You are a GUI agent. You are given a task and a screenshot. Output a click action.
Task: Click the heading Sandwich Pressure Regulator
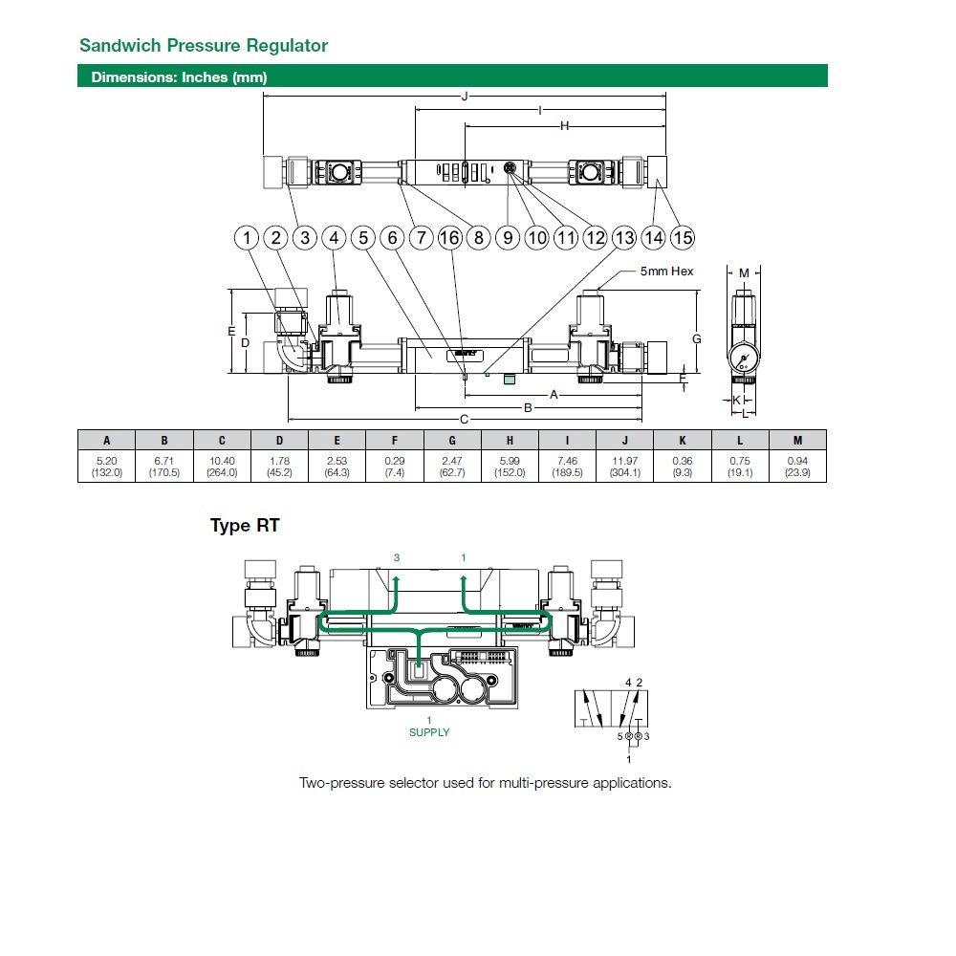203,45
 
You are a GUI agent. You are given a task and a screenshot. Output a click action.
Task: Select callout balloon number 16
449,238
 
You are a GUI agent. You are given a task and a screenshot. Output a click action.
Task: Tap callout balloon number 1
248,238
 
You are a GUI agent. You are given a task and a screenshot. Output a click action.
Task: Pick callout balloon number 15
682,238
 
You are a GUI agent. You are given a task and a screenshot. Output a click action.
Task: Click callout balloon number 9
508,238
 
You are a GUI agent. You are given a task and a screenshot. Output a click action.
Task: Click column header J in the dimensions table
624,441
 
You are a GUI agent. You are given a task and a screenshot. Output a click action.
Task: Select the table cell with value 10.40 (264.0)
222,467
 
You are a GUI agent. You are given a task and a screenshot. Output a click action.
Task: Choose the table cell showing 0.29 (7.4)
394,467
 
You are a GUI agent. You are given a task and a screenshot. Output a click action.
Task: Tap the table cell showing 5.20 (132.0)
106,467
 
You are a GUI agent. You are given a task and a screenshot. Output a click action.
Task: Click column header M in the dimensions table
797,441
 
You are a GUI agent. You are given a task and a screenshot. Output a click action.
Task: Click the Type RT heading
245,526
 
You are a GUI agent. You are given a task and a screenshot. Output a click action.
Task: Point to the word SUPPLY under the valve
429,732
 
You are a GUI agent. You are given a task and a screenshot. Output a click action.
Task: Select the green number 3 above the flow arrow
395,556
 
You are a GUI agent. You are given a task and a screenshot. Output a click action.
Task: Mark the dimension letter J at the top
465,97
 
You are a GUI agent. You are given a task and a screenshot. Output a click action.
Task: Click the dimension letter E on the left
230,331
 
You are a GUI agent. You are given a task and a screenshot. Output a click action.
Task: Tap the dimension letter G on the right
697,338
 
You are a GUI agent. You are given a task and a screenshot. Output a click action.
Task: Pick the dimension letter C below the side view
465,419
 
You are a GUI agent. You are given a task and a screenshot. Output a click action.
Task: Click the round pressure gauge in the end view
744,360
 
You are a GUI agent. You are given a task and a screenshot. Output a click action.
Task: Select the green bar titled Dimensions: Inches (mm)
452,77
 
